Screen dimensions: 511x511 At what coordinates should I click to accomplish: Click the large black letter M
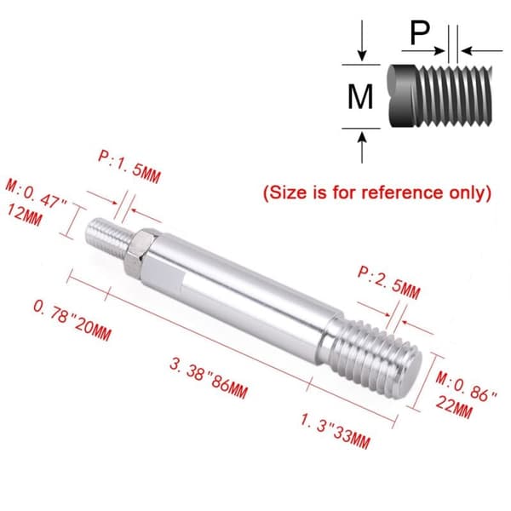(360, 97)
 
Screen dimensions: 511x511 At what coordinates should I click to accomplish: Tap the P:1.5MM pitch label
(129, 167)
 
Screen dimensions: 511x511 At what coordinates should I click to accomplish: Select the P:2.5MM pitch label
(389, 283)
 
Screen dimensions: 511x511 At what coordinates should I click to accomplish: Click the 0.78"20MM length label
(72, 320)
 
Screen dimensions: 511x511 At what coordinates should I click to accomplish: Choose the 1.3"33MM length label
(335, 431)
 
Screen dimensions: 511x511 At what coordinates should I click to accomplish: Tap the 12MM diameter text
(24, 215)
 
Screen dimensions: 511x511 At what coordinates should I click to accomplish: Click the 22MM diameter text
(454, 407)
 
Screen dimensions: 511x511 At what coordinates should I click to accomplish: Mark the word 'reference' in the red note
(403, 192)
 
